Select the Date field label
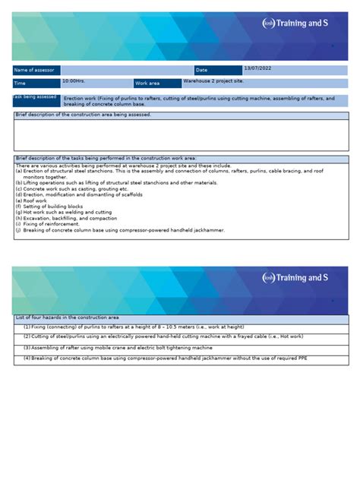click(201, 70)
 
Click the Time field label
click(20, 84)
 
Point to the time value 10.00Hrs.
click(74, 80)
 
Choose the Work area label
click(148, 84)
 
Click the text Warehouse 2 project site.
click(213, 79)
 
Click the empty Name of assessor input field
click(122, 70)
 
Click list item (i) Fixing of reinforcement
click(47, 224)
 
